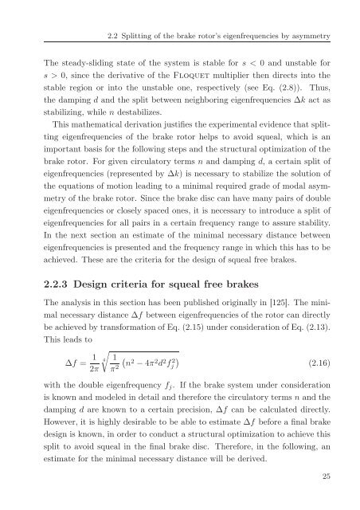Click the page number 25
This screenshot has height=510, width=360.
316,476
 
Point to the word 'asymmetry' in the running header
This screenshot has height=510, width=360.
299,36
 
